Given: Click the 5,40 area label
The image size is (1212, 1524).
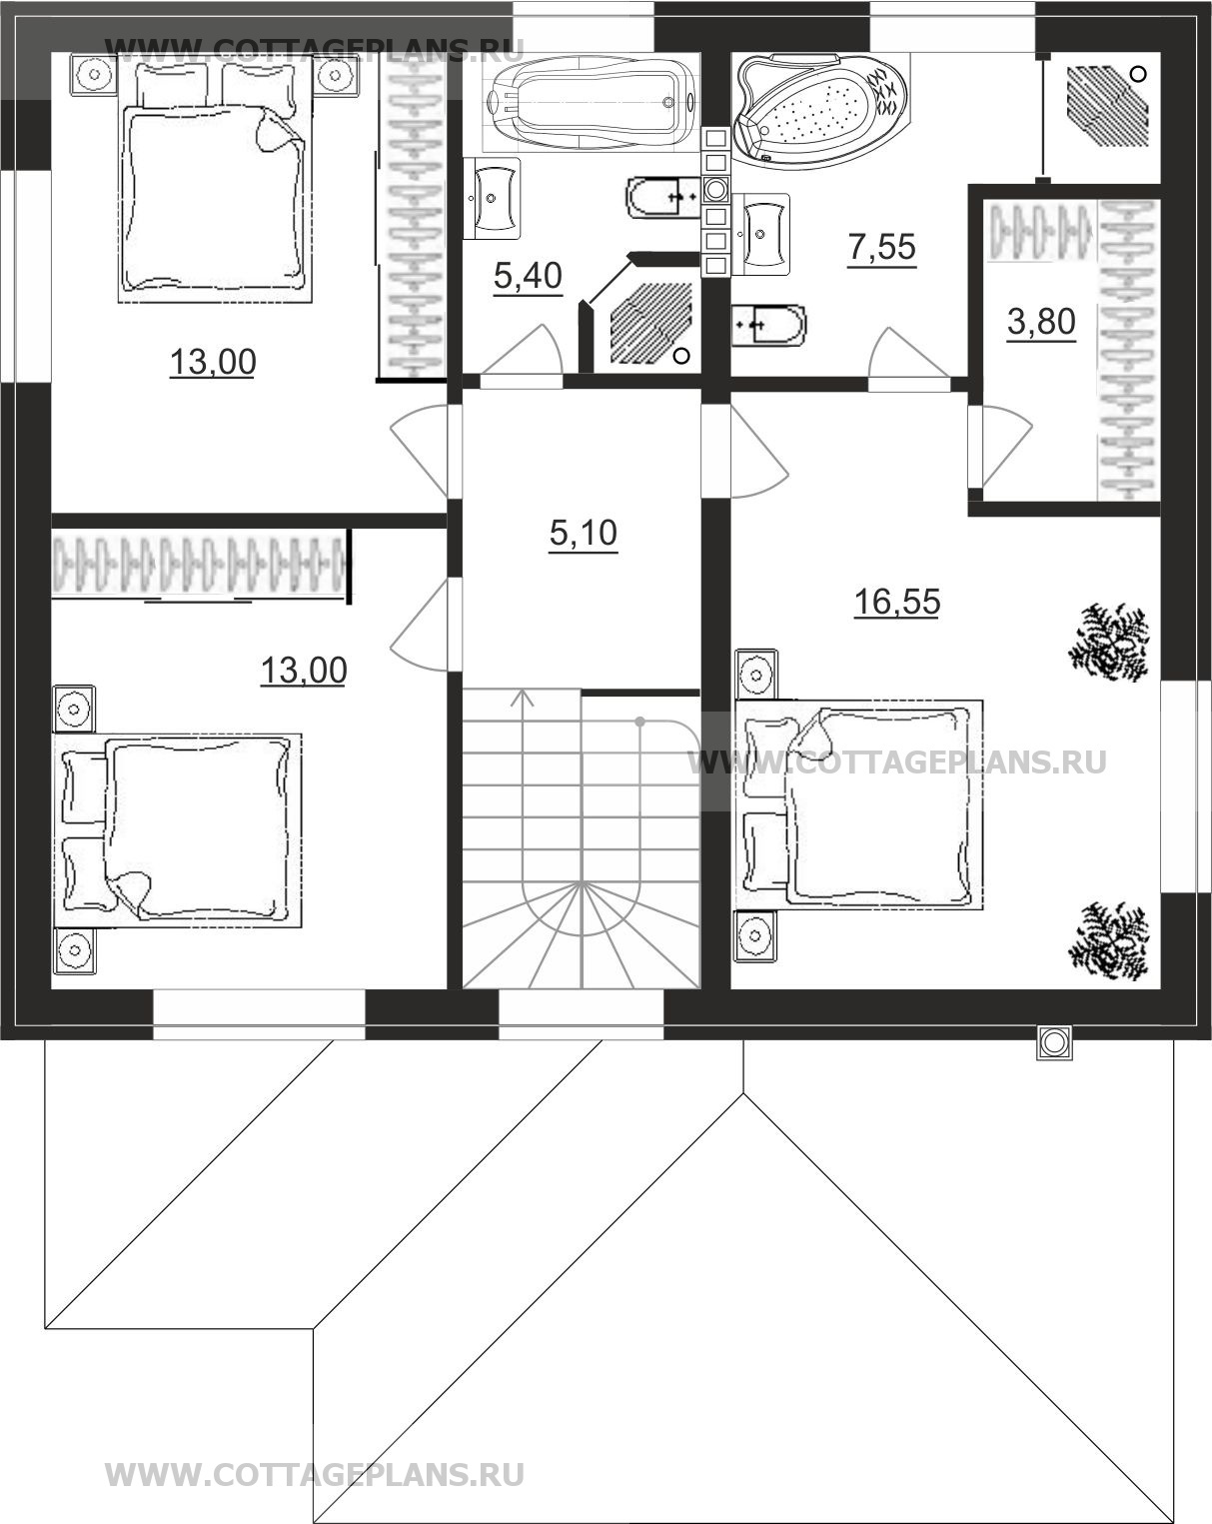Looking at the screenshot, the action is coord(528,276).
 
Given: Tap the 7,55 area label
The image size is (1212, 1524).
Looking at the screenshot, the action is coord(882,247).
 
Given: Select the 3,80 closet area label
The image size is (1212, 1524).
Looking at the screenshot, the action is coord(1041,322).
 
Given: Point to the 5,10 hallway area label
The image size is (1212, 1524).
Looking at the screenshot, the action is coord(584,533).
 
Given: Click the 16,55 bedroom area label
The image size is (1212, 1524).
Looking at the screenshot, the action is coord(897,602).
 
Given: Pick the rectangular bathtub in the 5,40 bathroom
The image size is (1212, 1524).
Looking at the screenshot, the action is coord(589,103).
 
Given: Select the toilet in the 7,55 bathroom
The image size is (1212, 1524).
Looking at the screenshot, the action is coord(768,325).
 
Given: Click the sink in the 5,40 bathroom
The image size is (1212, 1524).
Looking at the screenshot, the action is coord(492,198).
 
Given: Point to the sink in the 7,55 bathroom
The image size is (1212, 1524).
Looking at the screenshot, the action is coord(761,234).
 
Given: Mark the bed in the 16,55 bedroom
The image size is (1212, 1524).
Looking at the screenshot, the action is coord(859,804).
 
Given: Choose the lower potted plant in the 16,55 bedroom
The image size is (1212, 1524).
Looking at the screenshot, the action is coord(1109,941).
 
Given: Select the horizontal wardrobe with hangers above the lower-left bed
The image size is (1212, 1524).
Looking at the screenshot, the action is coord(201,564).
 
